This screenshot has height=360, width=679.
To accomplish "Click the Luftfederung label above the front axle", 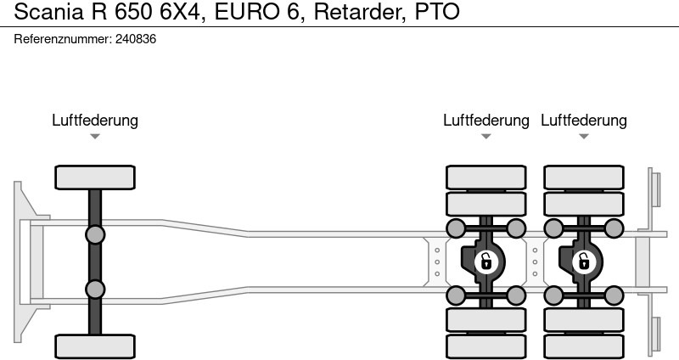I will coord(95,121).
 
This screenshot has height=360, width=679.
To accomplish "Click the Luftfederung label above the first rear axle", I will coord(485,121).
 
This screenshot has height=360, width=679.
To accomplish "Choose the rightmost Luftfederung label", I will coord(584,121).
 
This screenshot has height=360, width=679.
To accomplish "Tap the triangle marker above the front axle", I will coord(95,136).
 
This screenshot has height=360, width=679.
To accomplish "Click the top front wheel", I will coord(95,177).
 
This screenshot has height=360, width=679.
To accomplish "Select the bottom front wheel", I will coord(95,346).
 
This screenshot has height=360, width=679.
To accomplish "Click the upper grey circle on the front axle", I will coord(95,234).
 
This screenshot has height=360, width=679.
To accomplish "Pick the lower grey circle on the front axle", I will coord(95,289).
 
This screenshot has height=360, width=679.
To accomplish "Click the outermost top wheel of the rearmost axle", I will coord(583,177).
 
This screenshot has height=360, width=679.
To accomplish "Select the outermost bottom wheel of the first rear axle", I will coord(485,346).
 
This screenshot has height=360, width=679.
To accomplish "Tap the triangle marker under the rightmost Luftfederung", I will coord(584,136).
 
